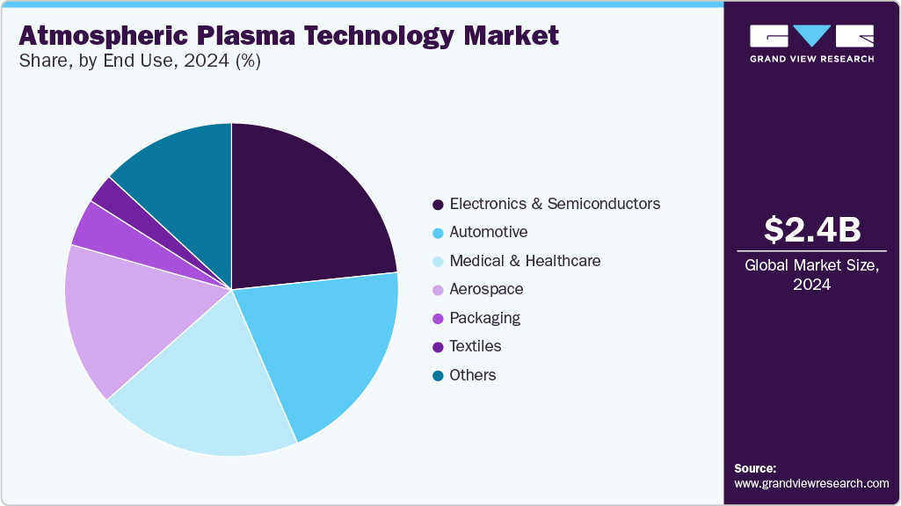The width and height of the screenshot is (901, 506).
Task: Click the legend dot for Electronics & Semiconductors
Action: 438,205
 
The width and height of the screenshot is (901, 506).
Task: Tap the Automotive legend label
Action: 488,233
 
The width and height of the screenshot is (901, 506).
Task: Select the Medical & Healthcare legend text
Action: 525,261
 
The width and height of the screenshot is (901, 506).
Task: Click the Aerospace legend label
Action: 486,290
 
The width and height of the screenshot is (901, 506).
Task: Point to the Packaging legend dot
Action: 438,319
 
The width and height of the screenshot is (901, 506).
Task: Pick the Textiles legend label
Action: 475,347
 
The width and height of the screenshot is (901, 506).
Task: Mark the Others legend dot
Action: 438,376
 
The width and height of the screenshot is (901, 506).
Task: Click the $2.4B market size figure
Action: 811,230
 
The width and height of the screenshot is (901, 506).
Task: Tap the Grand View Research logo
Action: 811,43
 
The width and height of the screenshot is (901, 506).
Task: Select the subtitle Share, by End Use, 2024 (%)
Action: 139,61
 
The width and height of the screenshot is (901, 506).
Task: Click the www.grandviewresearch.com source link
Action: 811,483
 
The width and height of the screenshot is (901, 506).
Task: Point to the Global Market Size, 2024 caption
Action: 811,275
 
